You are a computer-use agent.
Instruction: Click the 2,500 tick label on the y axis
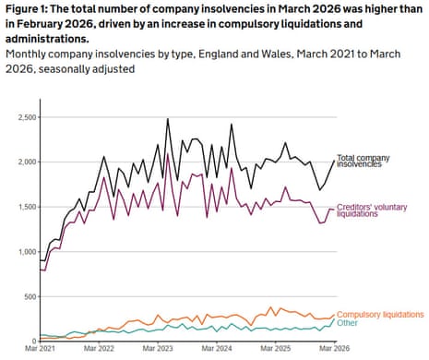pyautogui.click(x=21, y=118)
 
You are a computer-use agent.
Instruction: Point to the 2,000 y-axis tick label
pyautogui.click(x=21, y=162)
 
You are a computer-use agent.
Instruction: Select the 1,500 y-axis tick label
pyautogui.click(x=21, y=207)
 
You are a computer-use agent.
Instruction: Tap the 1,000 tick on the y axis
pyautogui.click(x=21, y=251)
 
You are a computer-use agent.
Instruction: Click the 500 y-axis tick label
pyautogui.click(x=28, y=295)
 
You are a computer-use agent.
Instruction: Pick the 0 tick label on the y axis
pyautogui.click(x=34, y=340)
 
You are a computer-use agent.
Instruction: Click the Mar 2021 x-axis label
pyautogui.click(x=40, y=351)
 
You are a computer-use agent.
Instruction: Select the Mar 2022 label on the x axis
pyautogui.click(x=99, y=351)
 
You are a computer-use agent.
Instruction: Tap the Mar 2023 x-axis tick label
pyautogui.click(x=158, y=351)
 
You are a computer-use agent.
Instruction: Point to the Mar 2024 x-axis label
pyautogui.click(x=217, y=351)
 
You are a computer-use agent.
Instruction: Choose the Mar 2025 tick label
pyautogui.click(x=276, y=351)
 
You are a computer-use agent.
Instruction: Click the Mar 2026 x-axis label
pyautogui.click(x=334, y=351)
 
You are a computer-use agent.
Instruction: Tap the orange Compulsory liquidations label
pyautogui.click(x=381, y=316)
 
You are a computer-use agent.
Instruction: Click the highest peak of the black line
pyautogui.click(x=168, y=119)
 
